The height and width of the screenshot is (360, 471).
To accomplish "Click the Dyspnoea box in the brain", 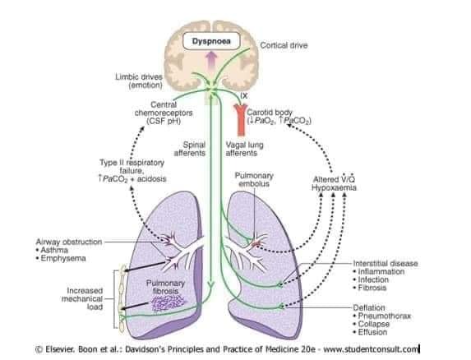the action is [211, 41].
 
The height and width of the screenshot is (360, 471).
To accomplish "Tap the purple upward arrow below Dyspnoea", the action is [211, 60].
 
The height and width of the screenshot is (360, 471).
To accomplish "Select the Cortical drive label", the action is [284, 45].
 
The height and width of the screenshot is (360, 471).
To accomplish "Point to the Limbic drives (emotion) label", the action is [139, 81].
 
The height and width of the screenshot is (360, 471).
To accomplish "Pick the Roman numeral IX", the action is [244, 96].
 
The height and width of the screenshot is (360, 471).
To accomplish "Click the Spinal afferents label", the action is [190, 149].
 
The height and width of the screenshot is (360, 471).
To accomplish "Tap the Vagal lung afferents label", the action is [244, 149].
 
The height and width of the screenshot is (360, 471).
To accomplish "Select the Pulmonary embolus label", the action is [254, 179].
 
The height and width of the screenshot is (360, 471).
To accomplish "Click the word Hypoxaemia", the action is [334, 187].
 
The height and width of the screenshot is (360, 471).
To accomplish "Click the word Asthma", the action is [54, 250].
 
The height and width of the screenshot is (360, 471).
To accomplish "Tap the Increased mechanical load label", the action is [82, 298].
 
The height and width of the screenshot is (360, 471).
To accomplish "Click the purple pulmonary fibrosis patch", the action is [168, 302].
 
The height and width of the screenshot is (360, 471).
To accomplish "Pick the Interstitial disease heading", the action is [386, 263].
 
